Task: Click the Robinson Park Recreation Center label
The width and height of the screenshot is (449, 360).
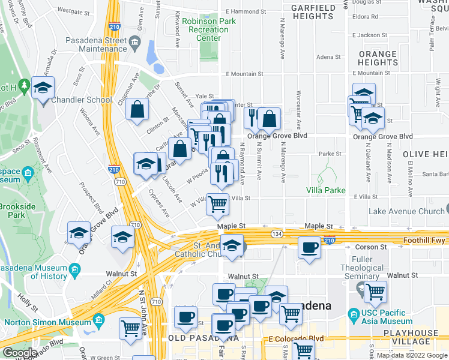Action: [208, 29]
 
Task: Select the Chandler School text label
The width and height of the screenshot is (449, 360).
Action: [82, 100]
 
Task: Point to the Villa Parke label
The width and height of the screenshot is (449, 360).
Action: [326, 190]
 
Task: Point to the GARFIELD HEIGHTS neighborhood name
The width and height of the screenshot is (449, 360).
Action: [312, 12]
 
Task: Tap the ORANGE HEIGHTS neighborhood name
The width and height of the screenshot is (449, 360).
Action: [378, 58]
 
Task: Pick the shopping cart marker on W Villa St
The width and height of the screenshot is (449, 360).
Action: [217, 205]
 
